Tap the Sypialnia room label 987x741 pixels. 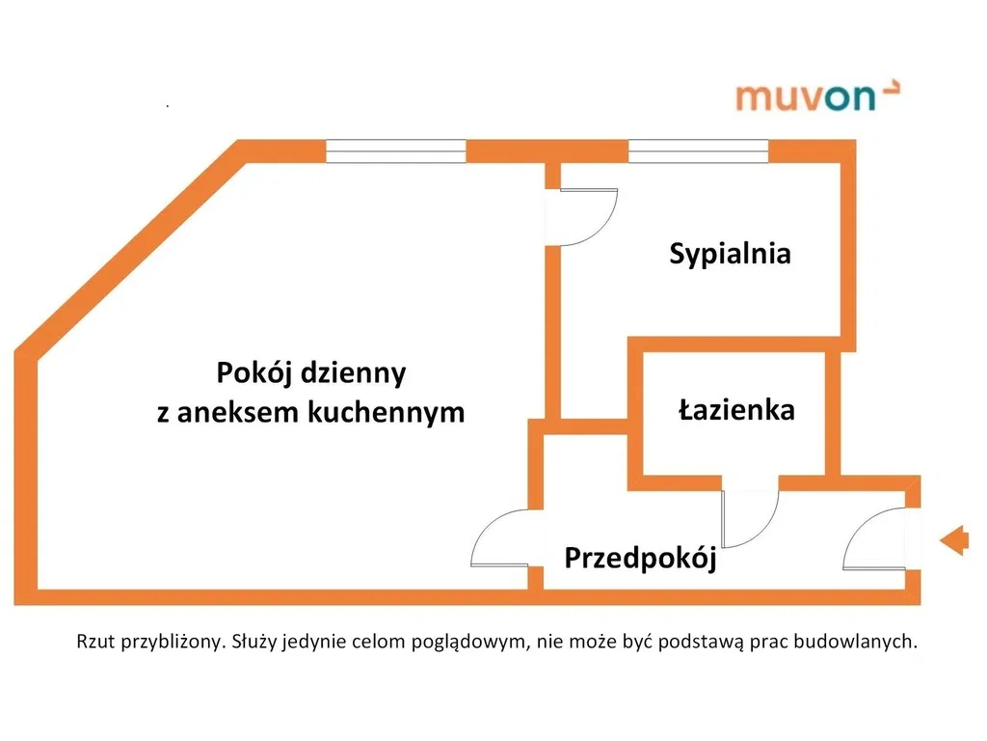pos(731,254)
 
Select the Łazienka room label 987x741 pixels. pos(736,410)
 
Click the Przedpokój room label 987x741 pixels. pos(640,559)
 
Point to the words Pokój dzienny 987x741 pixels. pos(310,372)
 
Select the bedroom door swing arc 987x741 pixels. pos(585,217)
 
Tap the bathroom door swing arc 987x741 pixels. pos(751,517)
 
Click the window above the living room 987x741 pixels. pos(395,151)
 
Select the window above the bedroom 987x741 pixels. pos(698,151)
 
